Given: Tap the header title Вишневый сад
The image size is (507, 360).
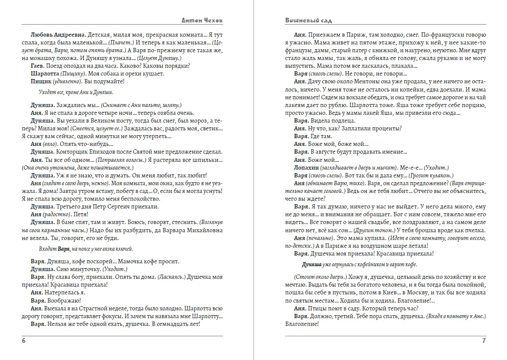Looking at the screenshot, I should pos(308,20).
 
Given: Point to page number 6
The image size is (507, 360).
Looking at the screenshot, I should pos(24,341).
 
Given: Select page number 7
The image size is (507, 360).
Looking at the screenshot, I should pos(484,341).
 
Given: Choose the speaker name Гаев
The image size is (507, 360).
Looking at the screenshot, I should pos(38,66).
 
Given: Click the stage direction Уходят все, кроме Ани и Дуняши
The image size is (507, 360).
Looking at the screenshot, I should pos(76,92).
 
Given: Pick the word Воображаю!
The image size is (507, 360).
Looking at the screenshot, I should pos(63,300).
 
